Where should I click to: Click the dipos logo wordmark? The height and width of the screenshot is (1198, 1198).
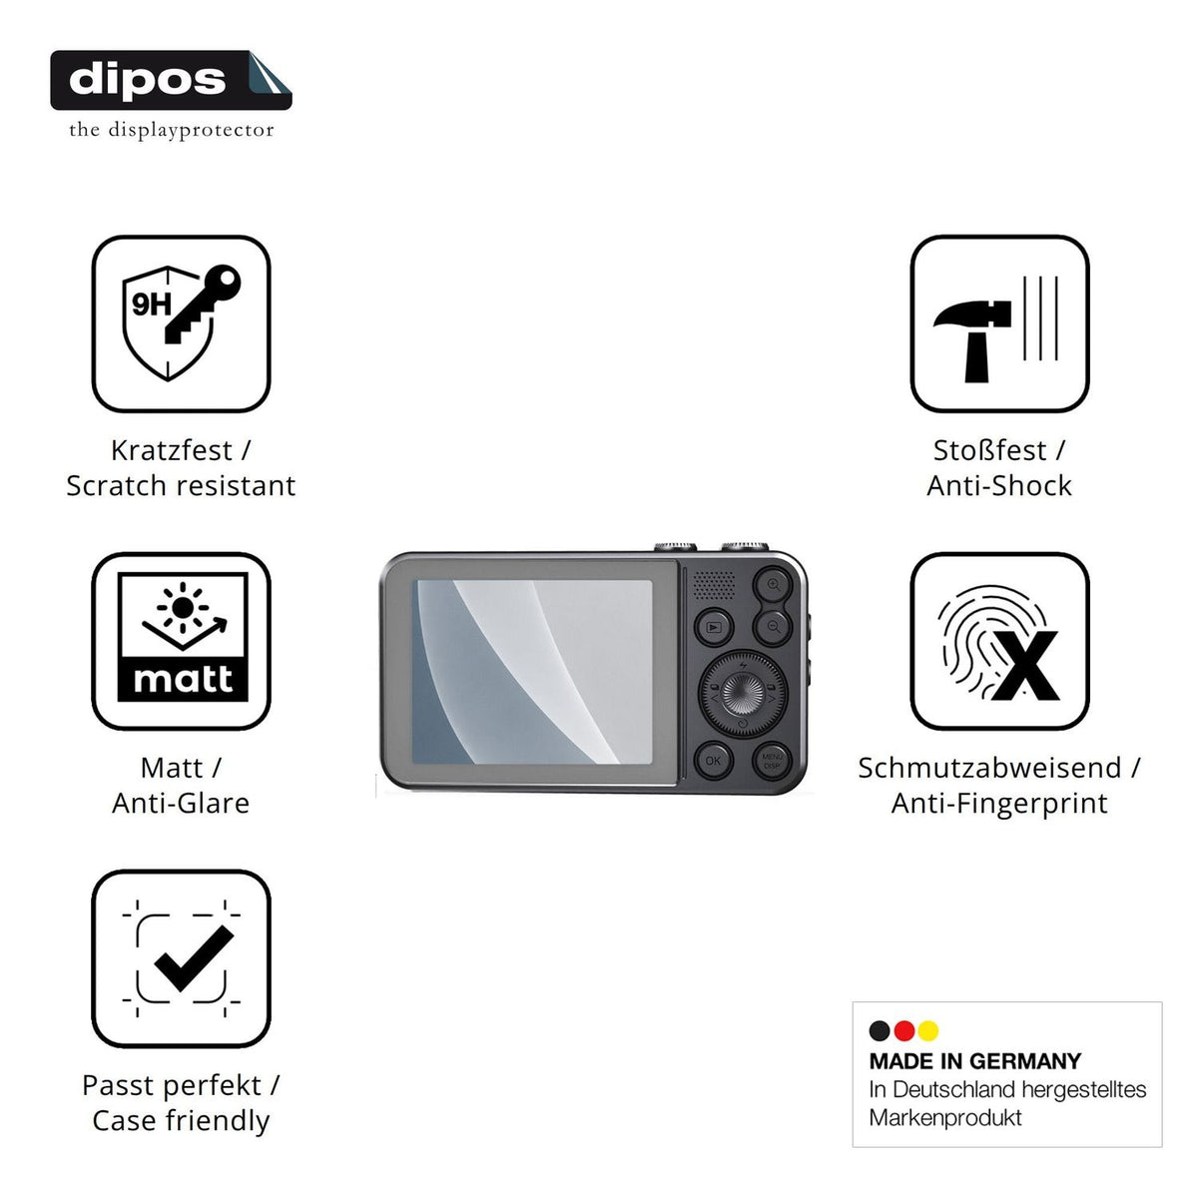148,80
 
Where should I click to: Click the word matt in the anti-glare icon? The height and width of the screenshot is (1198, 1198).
183,679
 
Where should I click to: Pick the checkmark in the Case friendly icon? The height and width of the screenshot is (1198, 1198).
194,958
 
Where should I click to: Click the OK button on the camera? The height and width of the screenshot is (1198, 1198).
713,761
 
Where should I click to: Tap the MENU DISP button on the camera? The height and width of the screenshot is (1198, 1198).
772,761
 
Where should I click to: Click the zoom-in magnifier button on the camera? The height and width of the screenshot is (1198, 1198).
774,584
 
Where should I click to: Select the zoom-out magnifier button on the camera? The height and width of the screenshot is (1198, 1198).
774,627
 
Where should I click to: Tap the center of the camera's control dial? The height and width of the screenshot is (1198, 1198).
743,694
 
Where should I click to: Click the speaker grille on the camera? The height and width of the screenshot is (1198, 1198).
714,585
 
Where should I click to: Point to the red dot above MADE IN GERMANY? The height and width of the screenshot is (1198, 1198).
903,1030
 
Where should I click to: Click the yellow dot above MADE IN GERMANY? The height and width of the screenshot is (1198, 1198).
928,1030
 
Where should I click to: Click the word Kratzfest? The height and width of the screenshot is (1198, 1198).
172,450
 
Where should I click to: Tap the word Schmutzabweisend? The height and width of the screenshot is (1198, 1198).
989,769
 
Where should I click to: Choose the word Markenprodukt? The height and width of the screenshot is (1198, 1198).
945,1118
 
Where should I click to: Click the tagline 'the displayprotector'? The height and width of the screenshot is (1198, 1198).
171,130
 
